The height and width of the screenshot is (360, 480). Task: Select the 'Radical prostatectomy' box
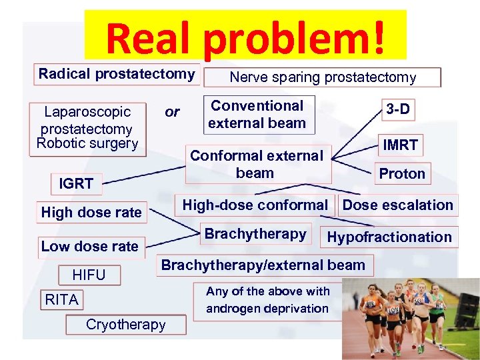pyautogui.click(x=116, y=74)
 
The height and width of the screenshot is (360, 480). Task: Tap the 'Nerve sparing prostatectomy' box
pyautogui.click(x=323, y=77)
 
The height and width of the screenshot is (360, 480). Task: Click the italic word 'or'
pyautogui.click(x=172, y=111)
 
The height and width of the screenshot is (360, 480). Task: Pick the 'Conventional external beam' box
pyautogui.click(x=257, y=114)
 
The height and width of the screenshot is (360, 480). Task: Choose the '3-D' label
pyautogui.click(x=398, y=109)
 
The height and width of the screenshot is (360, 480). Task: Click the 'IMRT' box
pyautogui.click(x=400, y=145)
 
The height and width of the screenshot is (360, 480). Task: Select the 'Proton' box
pyautogui.click(x=402, y=174)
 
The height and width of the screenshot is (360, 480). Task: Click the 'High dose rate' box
pyautogui.click(x=91, y=213)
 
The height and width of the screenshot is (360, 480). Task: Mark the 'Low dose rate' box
pyautogui.click(x=89, y=246)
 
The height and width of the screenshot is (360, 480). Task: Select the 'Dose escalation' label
pyautogui.click(x=397, y=205)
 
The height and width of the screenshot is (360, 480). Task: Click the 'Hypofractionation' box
pyautogui.click(x=389, y=237)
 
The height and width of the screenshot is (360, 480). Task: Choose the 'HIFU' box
pyautogui.click(x=89, y=275)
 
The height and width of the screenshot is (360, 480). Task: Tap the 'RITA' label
pyautogui.click(x=61, y=300)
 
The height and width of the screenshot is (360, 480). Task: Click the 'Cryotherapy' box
pyautogui.click(x=125, y=325)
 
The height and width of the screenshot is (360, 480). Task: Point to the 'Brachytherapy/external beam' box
pyautogui.click(x=263, y=265)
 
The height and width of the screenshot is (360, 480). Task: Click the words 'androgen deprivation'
pyautogui.click(x=267, y=309)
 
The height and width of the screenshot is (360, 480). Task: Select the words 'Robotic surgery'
pyautogui.click(x=87, y=143)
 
